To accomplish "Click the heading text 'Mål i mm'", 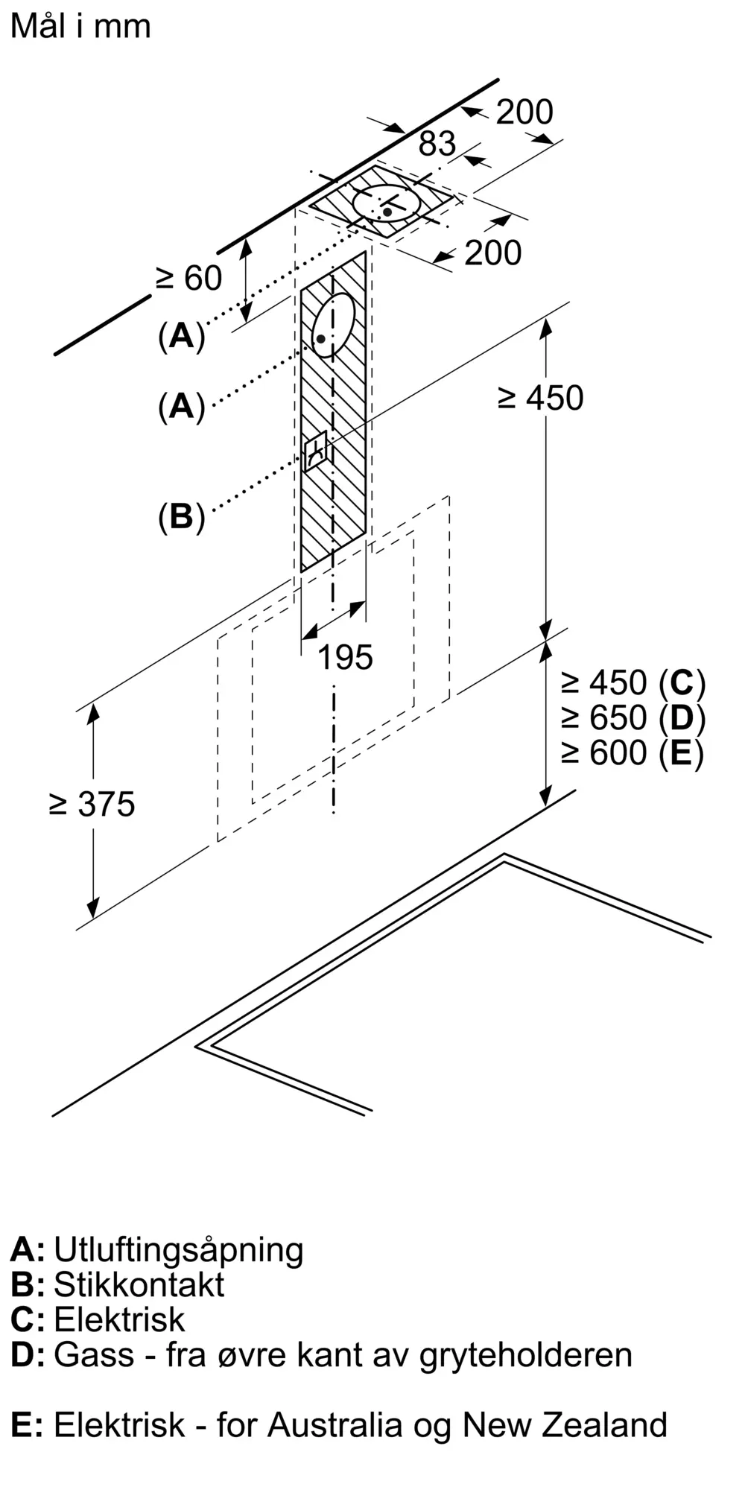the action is pyautogui.click(x=80, y=27).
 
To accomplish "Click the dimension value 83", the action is pyautogui.click(x=437, y=144).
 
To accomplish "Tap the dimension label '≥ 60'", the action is pyautogui.click(x=188, y=279).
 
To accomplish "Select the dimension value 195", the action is pyautogui.click(x=345, y=658).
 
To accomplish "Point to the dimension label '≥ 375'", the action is pyautogui.click(x=92, y=805).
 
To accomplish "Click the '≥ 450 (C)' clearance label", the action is pyautogui.click(x=633, y=682).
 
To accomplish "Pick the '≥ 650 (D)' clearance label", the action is pyautogui.click(x=633, y=717).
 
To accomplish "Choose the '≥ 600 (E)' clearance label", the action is pyautogui.click(x=633, y=752).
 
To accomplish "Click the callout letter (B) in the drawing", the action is pyautogui.click(x=181, y=516).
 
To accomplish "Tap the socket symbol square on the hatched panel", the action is pyautogui.click(x=316, y=450).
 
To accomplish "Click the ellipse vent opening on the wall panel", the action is pyautogui.click(x=332, y=326).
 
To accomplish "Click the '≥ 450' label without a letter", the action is pyautogui.click(x=540, y=399).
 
